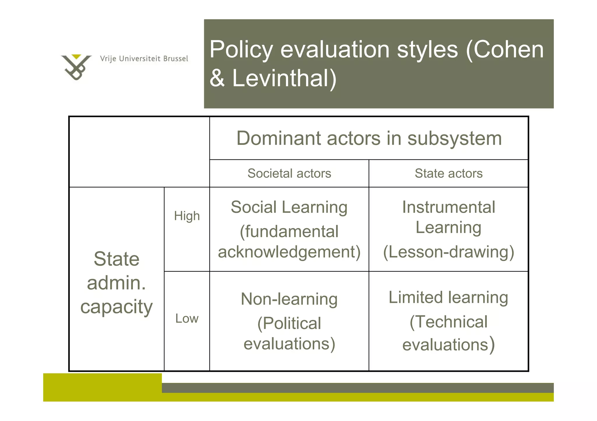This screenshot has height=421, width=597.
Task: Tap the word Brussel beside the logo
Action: tap(175, 59)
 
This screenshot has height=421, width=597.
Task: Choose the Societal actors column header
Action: tap(289, 173)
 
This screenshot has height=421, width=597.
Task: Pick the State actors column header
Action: tap(449, 173)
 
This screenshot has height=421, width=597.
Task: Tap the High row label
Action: tap(187, 216)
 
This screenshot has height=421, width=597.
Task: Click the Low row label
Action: tap(187, 319)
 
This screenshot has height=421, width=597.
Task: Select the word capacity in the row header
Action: tap(116, 307)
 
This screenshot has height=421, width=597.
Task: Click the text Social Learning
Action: tap(289, 207)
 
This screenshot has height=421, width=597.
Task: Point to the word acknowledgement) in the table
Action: tap(289, 252)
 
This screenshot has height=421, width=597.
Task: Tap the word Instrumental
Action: tap(449, 207)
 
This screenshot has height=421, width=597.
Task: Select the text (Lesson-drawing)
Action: tap(449, 252)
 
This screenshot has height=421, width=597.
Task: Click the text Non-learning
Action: tap(289, 299)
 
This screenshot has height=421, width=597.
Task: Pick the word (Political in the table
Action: tap(289, 323)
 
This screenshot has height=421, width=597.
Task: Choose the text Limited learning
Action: tap(448, 297)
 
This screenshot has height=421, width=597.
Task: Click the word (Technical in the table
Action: tap(448, 322)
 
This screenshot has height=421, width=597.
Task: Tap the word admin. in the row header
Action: tap(116, 283)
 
